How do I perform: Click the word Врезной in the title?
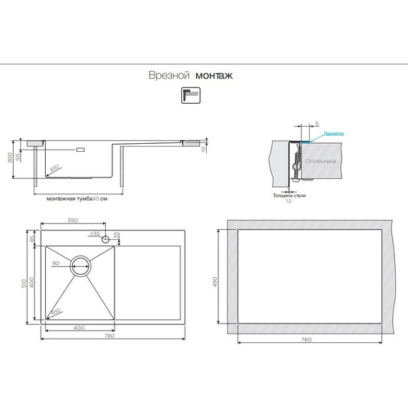click(x=168, y=74)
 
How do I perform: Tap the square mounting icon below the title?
click(x=191, y=96)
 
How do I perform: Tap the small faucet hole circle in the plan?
click(x=105, y=238)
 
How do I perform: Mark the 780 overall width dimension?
click(x=110, y=336)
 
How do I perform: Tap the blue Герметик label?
click(x=334, y=134)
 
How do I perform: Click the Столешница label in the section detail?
click(x=320, y=161)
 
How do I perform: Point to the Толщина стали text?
click(x=289, y=195)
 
